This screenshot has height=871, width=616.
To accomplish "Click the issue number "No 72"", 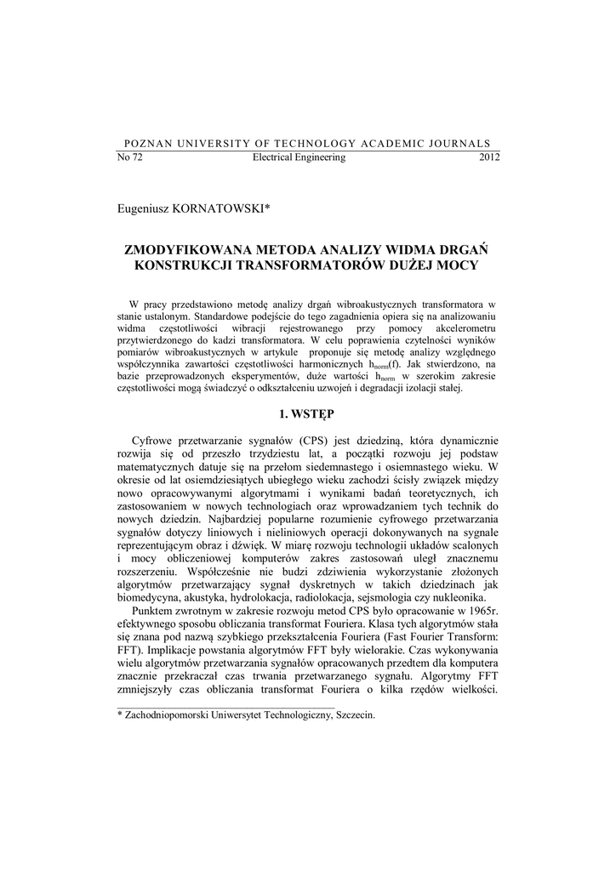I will click(x=128, y=158).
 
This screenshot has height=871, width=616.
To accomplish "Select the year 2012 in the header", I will click(x=489, y=158).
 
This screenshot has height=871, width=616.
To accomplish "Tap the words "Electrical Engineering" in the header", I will click(x=299, y=158).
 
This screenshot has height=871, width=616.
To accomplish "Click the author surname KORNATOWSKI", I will click(x=222, y=207).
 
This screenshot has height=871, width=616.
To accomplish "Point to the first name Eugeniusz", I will click(x=145, y=207).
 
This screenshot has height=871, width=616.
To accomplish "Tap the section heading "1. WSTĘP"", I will click(x=307, y=414).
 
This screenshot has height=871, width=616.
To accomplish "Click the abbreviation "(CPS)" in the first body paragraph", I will click(x=313, y=441).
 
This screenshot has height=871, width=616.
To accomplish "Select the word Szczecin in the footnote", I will click(x=352, y=715).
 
